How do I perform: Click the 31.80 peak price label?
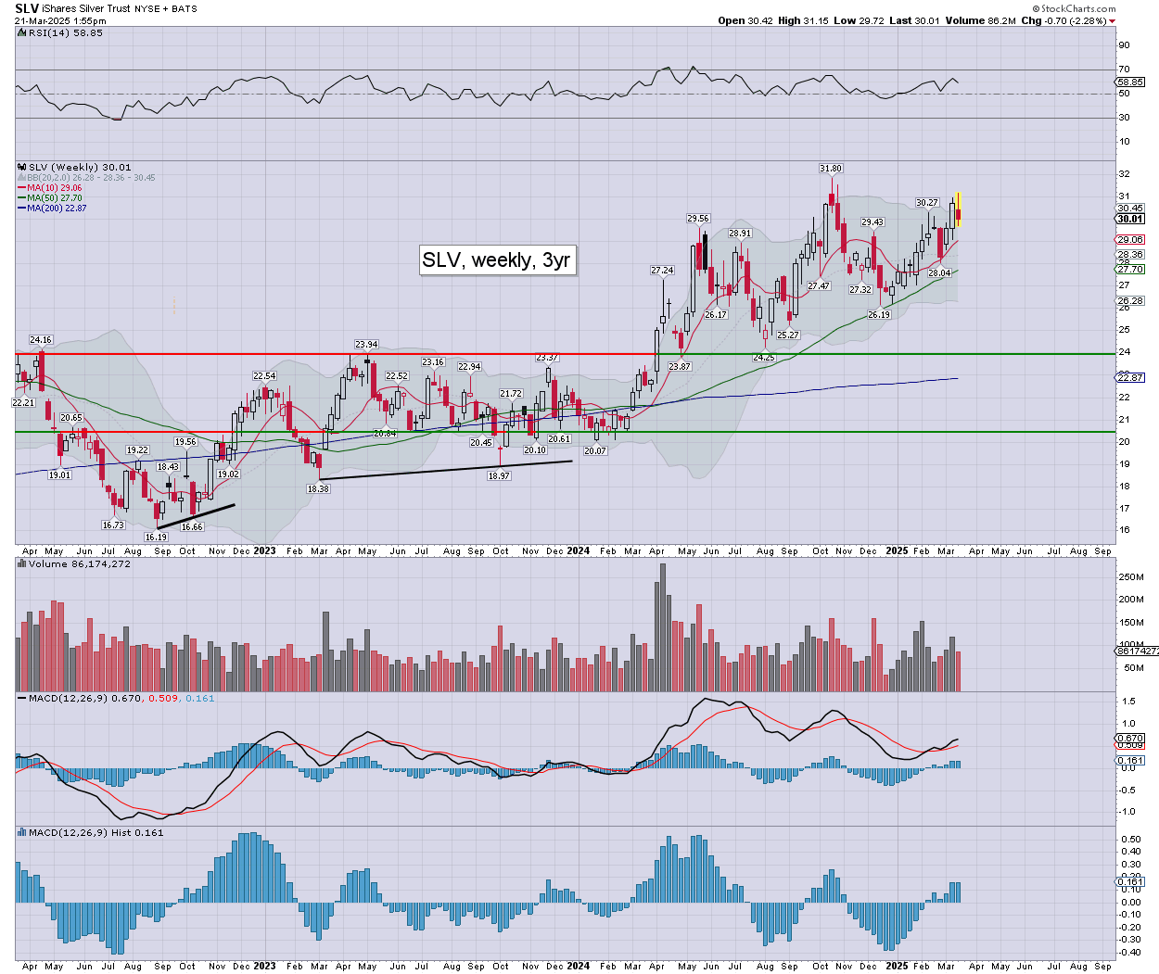pos(831,169)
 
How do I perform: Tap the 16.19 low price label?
pos(156,538)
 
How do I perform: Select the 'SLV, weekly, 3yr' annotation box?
pos(496,260)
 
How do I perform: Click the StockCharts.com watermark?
pos(1075,8)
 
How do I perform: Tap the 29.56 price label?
pos(698,219)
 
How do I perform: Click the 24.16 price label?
pos(41,340)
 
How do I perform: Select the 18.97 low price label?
pos(499,475)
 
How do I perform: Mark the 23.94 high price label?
pos(366,345)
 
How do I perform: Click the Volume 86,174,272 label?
pos(79,563)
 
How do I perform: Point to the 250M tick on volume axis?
pos(1131,577)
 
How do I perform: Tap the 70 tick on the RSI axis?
pos(1124,70)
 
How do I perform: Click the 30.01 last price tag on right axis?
pos(1130,220)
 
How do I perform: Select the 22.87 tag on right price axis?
pos(1130,378)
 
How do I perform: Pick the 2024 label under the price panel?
pos(579,550)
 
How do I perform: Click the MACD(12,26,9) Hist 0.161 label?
pos(96,832)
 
